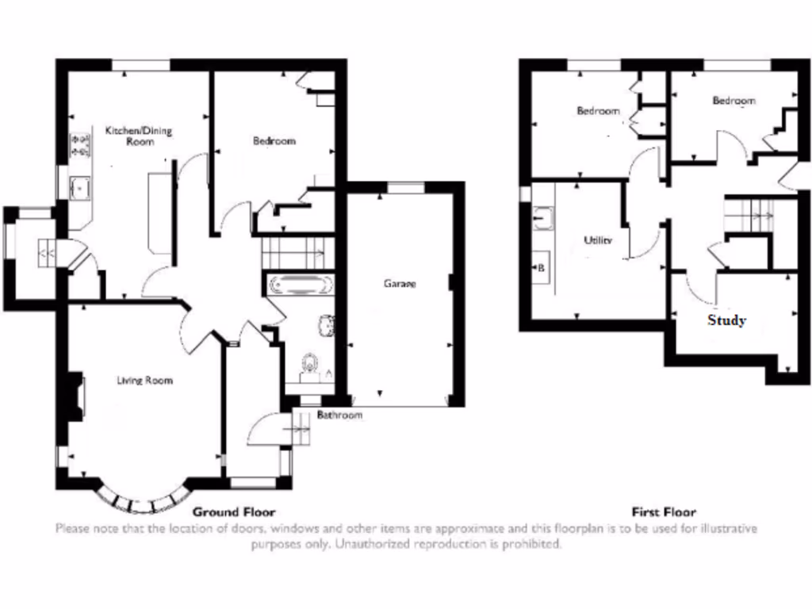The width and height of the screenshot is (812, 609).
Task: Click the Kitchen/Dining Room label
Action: click(139, 136)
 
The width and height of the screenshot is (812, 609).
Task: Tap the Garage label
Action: click(400, 283)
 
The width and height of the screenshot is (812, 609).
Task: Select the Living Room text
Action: click(144, 381)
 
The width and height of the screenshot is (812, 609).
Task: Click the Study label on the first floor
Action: click(726, 321)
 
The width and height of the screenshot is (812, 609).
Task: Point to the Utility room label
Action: click(597, 239)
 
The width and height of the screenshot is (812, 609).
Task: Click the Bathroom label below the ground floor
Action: click(339, 416)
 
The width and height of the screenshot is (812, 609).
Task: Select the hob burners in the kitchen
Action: click(79, 144)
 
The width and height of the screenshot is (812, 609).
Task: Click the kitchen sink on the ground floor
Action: click(79, 189)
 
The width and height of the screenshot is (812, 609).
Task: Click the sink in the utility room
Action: click(543, 216)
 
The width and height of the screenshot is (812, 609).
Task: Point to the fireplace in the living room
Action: click(78, 396)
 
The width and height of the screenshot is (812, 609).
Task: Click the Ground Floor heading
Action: click(234, 512)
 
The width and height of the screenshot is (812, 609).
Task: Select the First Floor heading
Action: click(664, 512)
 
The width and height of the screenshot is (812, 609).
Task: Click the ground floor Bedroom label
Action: click(274, 141)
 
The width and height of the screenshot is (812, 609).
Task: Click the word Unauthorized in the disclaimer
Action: click(376, 544)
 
